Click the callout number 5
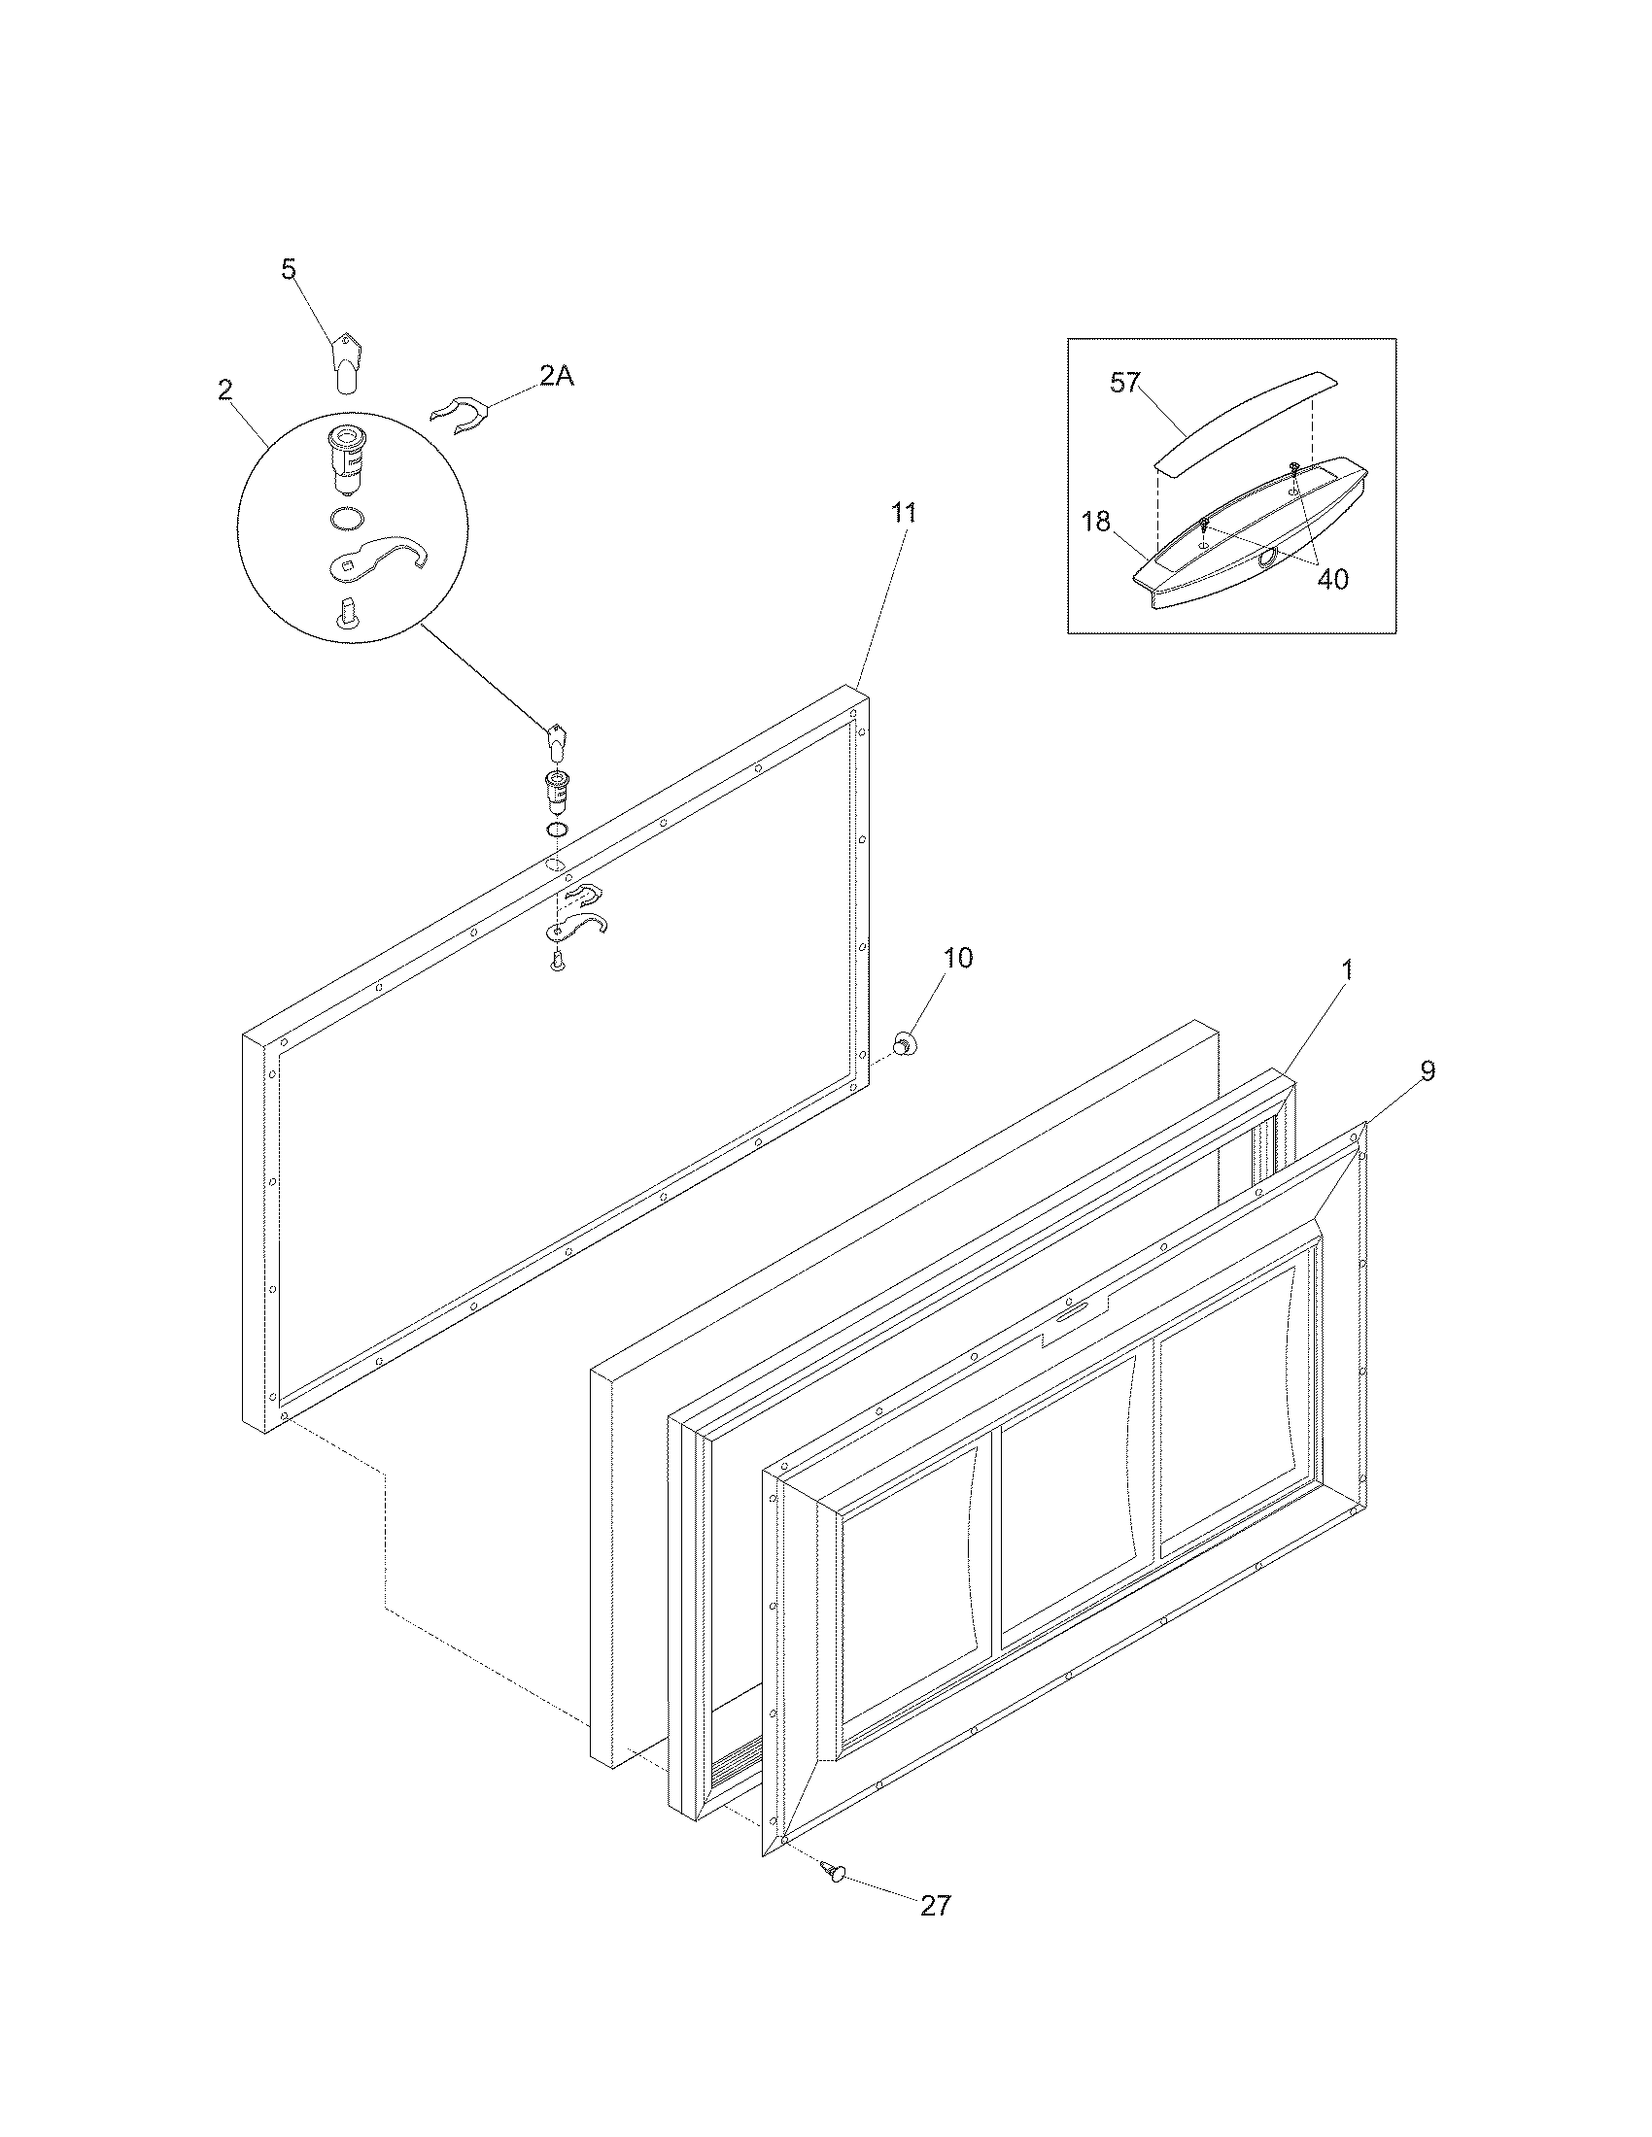click(288, 269)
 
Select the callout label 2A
click(555, 376)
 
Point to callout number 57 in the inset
click(1125, 382)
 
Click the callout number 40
click(1332, 579)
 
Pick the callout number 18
click(1096, 522)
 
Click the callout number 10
click(958, 958)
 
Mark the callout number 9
click(1427, 1071)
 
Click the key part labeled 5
click(341, 360)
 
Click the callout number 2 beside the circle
click(225, 390)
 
